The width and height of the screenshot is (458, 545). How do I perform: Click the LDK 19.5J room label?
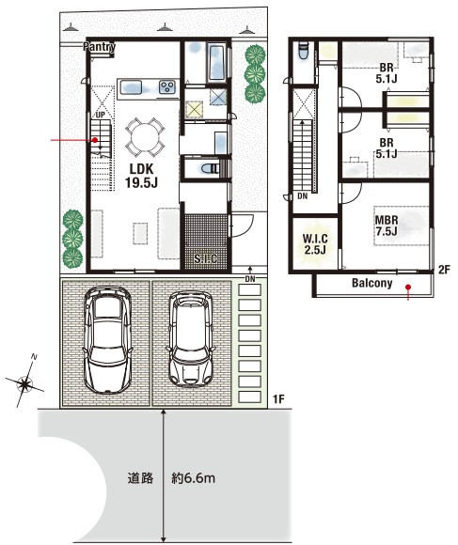tap(142, 176)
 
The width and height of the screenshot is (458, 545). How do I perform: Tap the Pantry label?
tap(99, 47)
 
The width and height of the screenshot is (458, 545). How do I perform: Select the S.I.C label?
tap(206, 258)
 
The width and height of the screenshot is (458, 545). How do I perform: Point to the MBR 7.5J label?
tap(387, 226)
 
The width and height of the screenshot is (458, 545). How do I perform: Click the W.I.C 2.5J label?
tap(315, 244)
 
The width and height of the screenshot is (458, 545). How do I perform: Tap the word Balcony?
tap(371, 283)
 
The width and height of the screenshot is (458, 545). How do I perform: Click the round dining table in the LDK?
tap(145, 137)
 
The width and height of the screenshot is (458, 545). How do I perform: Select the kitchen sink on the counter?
tap(131, 87)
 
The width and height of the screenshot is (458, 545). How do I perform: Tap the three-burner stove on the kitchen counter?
tap(167, 86)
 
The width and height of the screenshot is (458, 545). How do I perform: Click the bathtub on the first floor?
tap(216, 63)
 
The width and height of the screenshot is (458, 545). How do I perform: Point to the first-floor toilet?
tap(211, 169)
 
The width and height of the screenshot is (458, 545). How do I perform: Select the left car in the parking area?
tap(107, 340)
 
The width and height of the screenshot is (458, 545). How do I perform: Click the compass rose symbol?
tap(25, 382)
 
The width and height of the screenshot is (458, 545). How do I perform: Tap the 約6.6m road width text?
tap(194, 478)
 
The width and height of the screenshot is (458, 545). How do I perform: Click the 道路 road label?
tap(140, 478)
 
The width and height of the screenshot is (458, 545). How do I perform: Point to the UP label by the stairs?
tap(100, 115)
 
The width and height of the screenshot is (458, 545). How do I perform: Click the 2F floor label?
tap(444, 270)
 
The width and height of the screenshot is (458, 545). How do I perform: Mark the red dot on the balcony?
tap(408, 288)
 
